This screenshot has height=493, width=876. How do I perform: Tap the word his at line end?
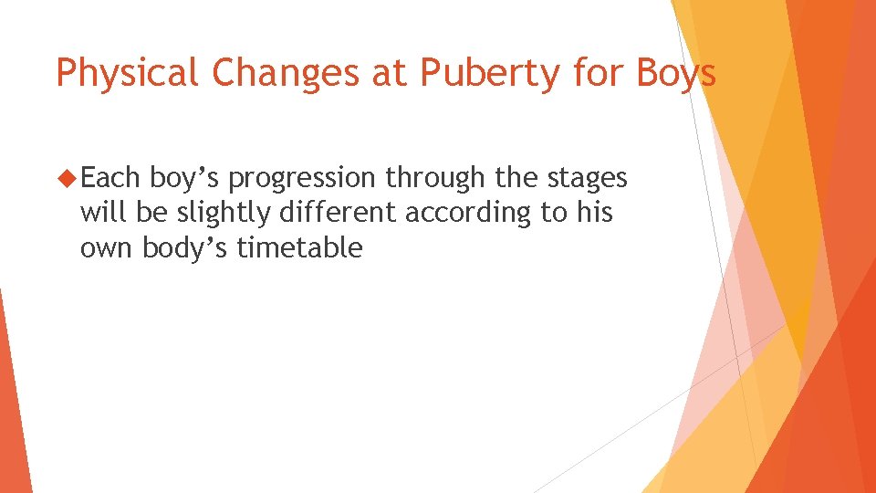594,213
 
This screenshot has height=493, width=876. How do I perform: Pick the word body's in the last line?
185,247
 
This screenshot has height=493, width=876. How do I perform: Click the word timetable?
299,247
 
